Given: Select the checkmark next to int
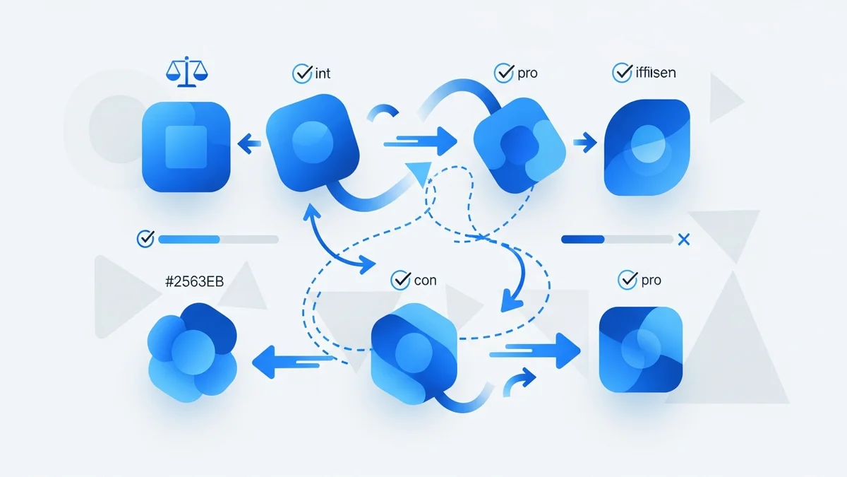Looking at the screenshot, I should point(301,72).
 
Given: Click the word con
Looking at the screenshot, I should point(425,281).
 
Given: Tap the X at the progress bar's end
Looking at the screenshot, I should point(683,240).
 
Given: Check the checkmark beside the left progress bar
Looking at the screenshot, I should point(145,239).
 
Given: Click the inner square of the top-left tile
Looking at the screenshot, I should point(186,147).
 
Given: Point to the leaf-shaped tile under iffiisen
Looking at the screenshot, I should point(647,147).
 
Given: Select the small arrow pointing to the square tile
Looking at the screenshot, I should point(249,145).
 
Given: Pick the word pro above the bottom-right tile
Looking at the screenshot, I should point(651,281).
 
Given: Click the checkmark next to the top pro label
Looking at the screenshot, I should point(503,72).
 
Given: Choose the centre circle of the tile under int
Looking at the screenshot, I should point(306,135).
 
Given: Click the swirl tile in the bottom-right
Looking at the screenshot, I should point(641,349).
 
